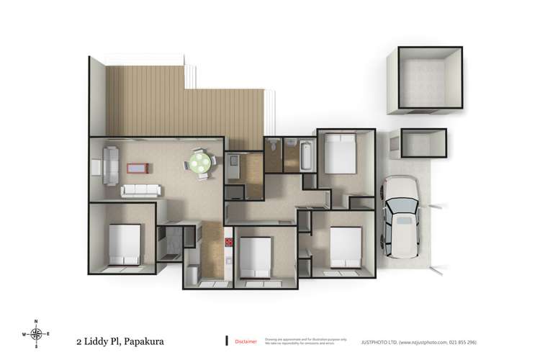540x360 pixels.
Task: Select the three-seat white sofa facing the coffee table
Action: click(x=140, y=191)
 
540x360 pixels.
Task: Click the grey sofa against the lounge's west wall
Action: click(x=110, y=164)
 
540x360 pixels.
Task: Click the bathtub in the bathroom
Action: click(x=305, y=155)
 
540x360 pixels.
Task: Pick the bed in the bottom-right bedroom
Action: click(x=344, y=247)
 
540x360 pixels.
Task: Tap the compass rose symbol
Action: click(x=35, y=334)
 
